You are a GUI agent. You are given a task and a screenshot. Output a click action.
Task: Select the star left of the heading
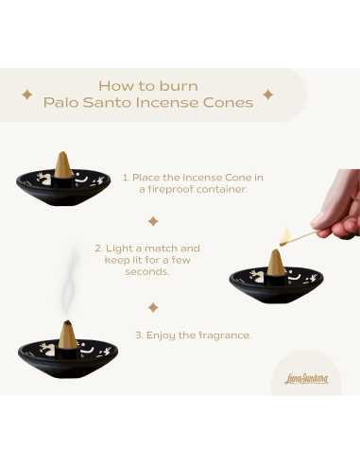pos(26,94)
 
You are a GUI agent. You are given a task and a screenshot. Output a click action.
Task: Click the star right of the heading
pos(267,94)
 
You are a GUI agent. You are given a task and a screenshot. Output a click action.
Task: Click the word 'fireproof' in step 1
pos(165,189)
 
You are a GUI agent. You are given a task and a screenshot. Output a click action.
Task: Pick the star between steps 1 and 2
pos(153,221)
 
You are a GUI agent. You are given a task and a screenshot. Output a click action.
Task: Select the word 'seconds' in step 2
pos(146,271)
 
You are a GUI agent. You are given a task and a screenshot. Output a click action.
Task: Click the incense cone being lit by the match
pos(278,259)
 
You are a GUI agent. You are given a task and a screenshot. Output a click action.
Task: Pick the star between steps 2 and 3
pos(153,307)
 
